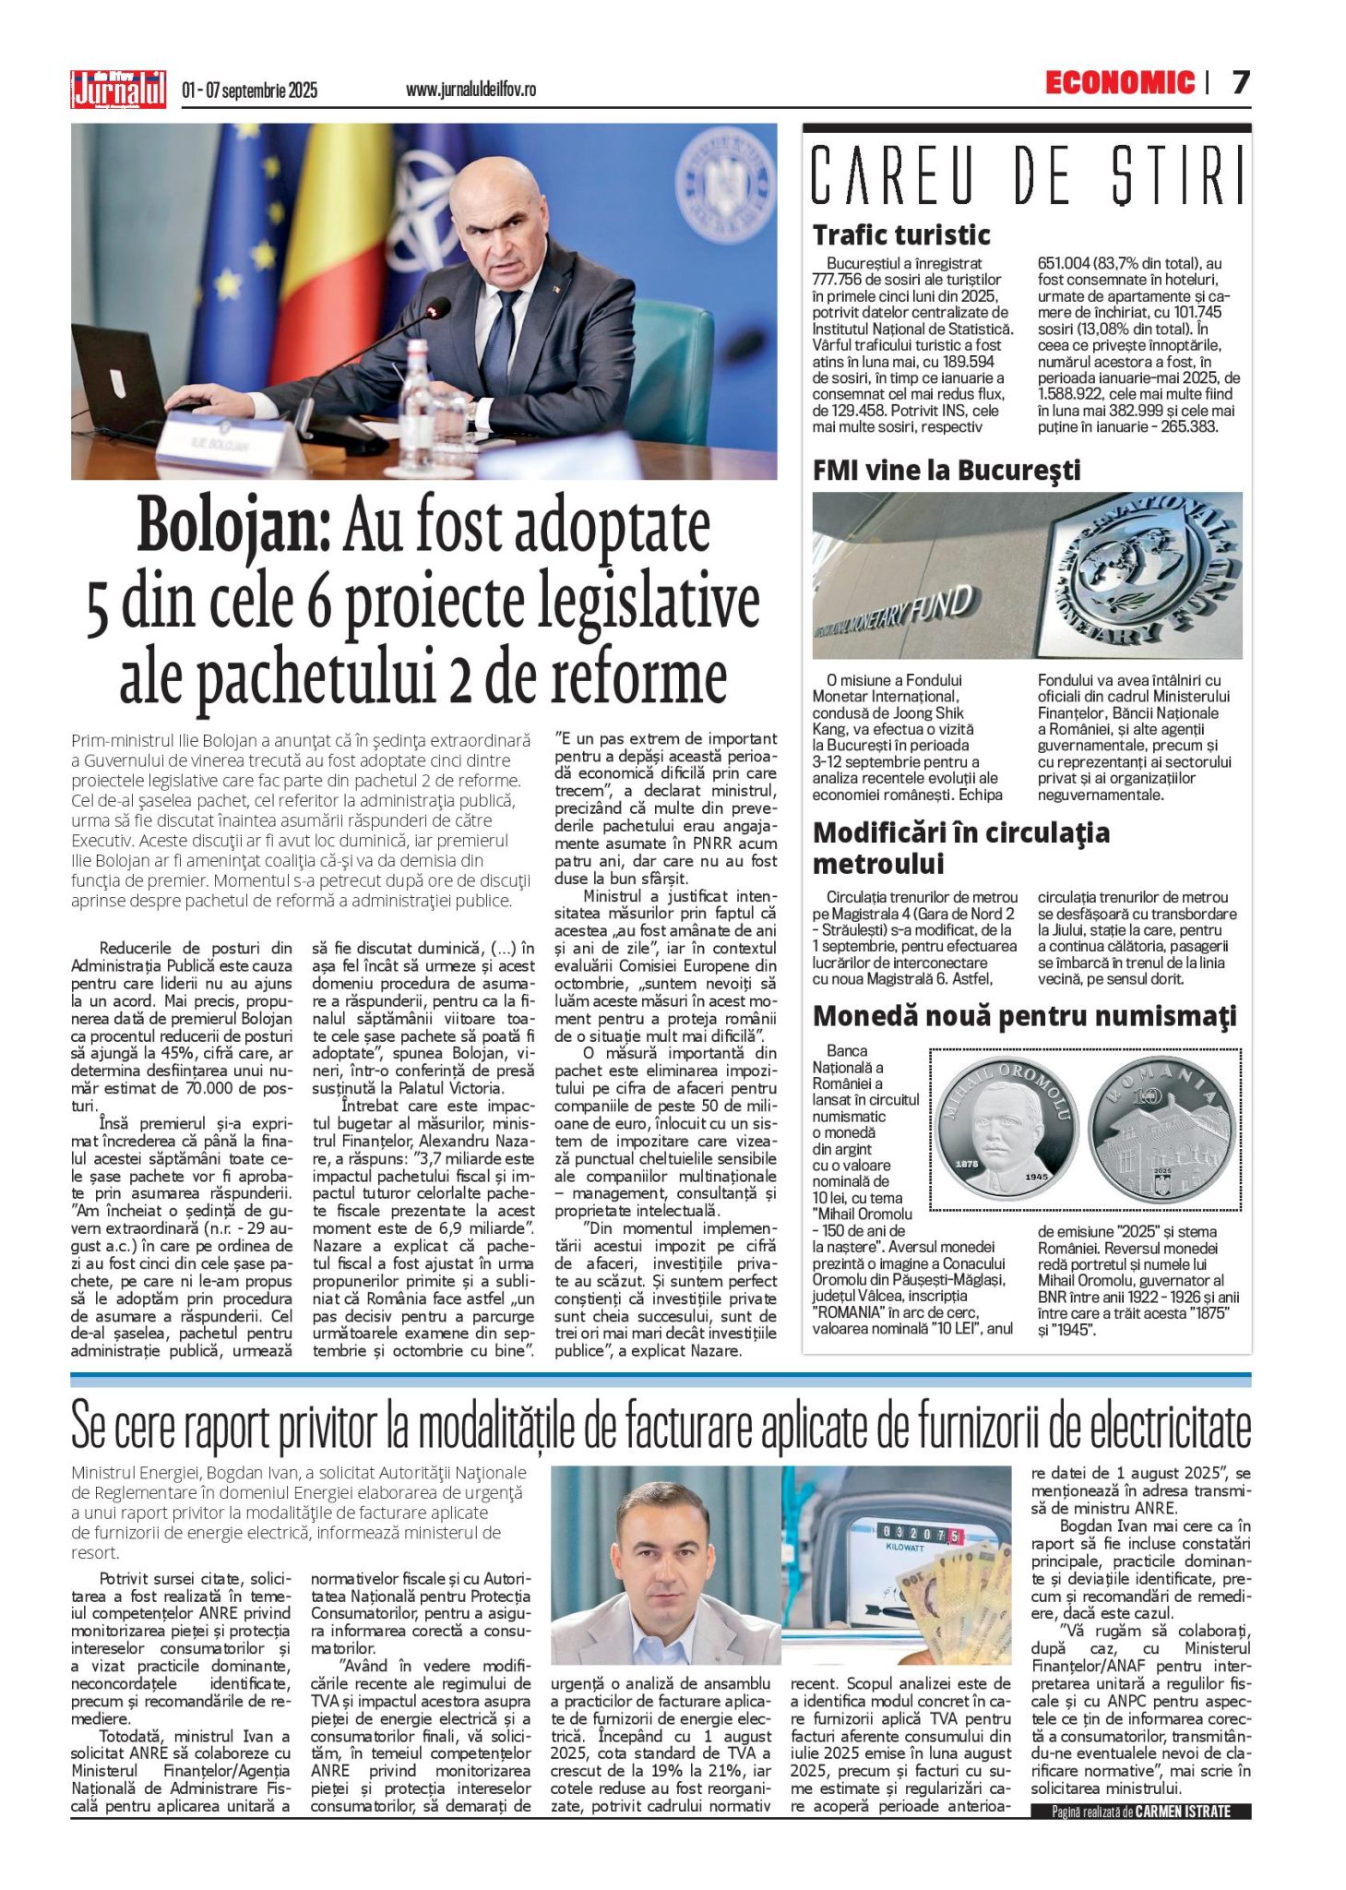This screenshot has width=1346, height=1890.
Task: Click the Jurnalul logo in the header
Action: [119, 90]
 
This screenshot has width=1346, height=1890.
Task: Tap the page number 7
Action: [1241, 83]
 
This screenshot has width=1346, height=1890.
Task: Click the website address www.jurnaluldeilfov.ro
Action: [471, 90]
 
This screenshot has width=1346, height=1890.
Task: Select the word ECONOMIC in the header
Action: [1120, 83]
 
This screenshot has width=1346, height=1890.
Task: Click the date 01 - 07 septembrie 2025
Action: [249, 90]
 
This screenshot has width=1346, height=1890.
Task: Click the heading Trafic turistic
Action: [901, 234]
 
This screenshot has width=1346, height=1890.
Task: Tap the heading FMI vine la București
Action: [946, 470]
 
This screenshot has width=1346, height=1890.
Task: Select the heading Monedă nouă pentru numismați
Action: [1024, 1016]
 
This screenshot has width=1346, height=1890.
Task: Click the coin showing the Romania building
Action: [1161, 1130]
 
